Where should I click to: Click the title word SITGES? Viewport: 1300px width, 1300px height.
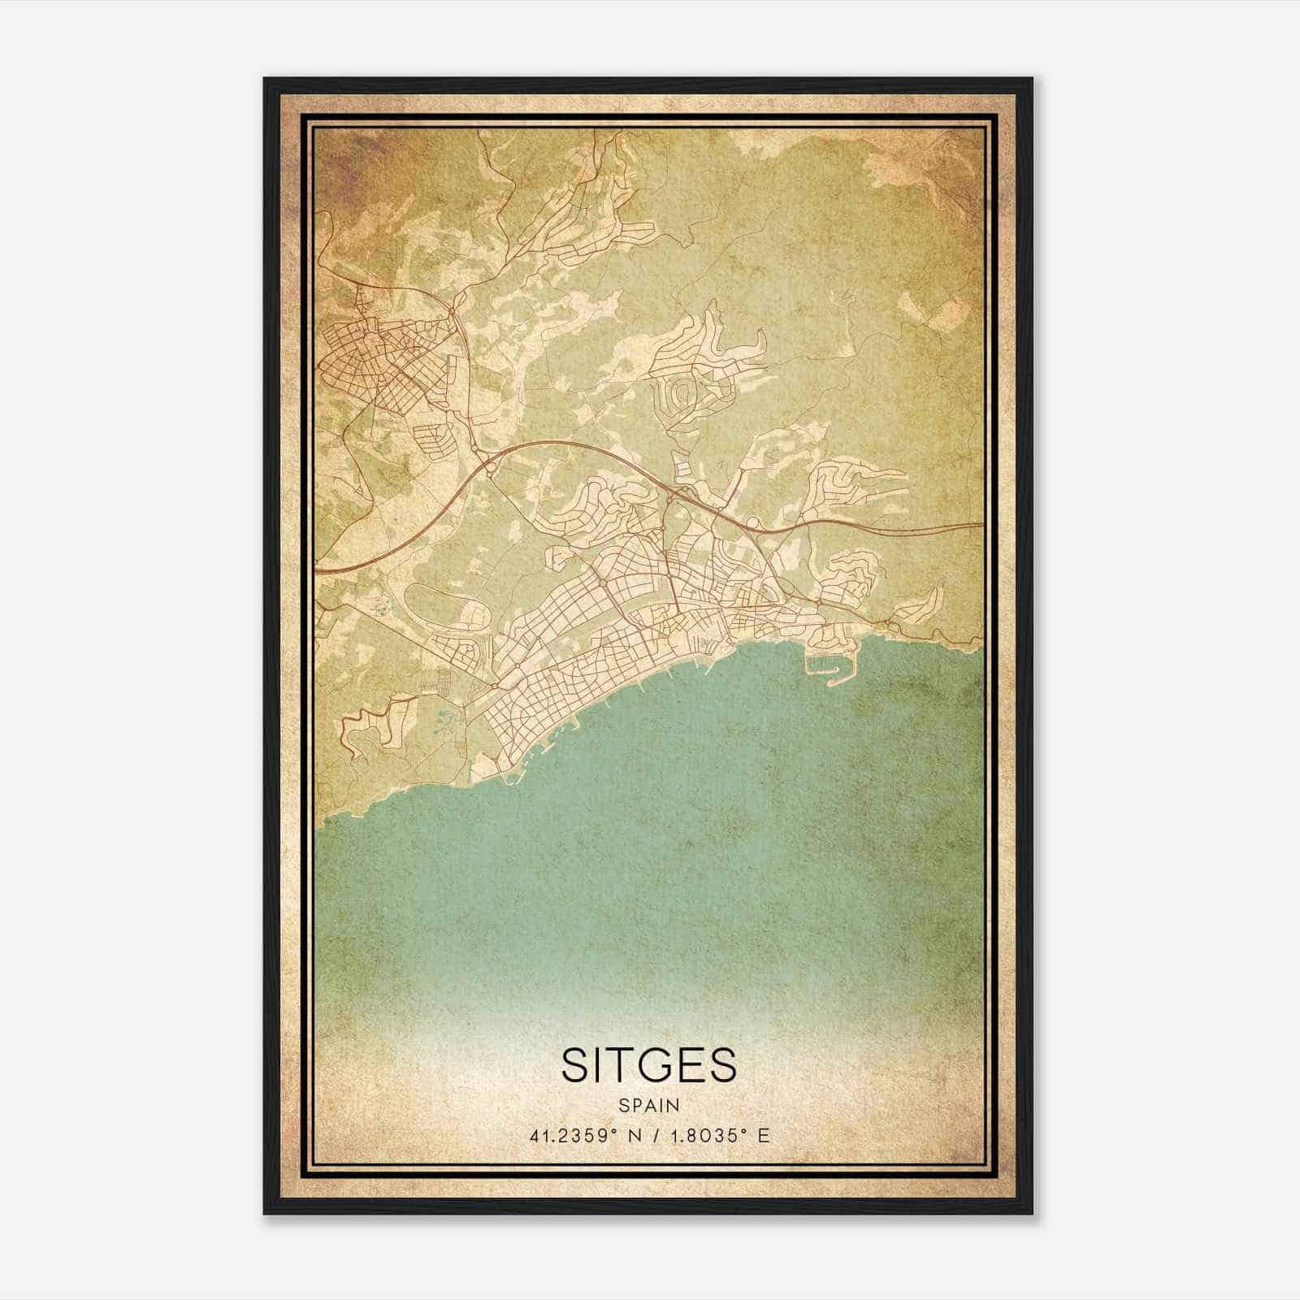[x=648, y=1065]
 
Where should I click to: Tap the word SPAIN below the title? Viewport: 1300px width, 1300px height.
[x=648, y=1105]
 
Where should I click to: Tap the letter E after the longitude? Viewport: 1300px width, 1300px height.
[x=762, y=1135]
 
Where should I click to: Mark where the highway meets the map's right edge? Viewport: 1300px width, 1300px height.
[x=981, y=525]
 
